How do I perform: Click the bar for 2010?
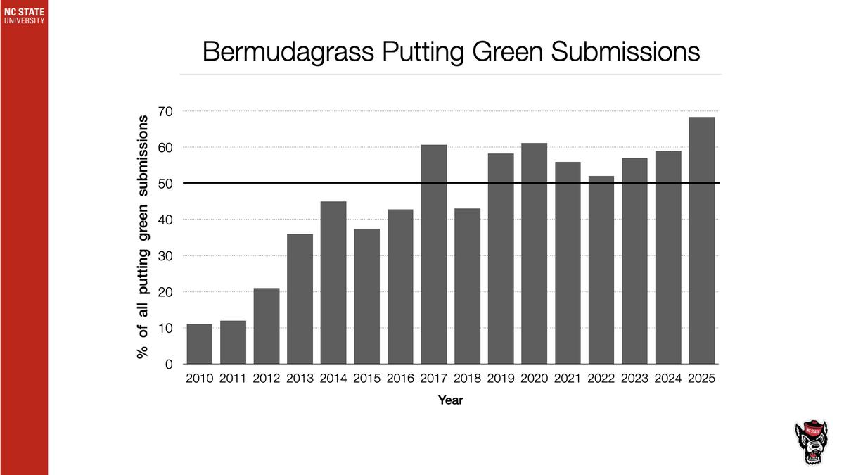pos(200,344)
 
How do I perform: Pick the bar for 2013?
pos(300,299)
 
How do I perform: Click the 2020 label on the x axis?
pos(535,379)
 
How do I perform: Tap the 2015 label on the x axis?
pos(367,379)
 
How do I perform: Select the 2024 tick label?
pos(668,379)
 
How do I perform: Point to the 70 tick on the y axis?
pos(166,111)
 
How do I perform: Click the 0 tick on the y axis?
pos(169,365)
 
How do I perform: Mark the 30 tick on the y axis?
pos(166,256)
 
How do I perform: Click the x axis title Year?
pos(450,400)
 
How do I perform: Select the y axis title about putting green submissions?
pos(143,237)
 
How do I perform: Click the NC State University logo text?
pos(24,15)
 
